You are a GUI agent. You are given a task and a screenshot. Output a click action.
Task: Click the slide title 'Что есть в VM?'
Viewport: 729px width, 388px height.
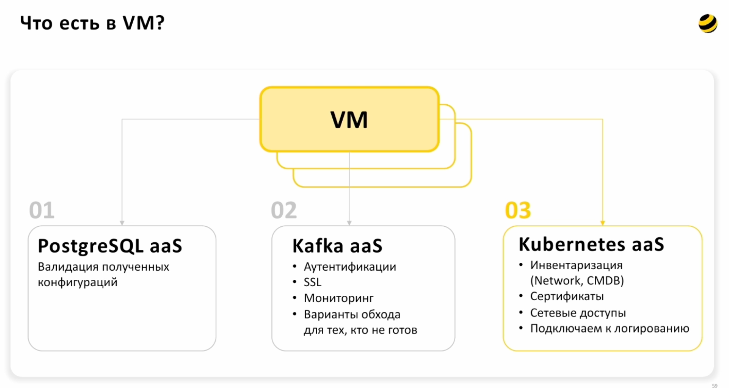click(x=92, y=23)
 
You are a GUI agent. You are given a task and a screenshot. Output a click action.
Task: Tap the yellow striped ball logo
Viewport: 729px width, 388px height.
click(x=708, y=24)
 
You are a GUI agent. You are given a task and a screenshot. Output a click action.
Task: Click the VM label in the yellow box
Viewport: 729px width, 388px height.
click(x=349, y=120)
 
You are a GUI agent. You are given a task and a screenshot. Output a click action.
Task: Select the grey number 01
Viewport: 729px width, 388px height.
click(x=42, y=210)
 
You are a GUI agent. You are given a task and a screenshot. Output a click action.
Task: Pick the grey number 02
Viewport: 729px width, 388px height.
click(x=284, y=210)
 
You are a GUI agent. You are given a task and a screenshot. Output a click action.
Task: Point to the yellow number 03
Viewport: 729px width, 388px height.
click(x=518, y=210)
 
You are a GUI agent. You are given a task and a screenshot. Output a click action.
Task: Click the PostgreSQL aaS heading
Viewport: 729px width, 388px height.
click(x=110, y=246)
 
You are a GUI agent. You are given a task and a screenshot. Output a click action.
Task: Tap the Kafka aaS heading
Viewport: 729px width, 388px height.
click(x=337, y=246)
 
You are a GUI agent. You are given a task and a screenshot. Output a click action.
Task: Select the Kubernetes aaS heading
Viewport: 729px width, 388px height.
click(x=591, y=244)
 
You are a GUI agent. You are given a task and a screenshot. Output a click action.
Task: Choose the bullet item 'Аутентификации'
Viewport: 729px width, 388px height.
click(x=350, y=267)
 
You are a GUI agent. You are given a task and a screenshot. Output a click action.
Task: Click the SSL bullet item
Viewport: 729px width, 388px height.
click(x=312, y=282)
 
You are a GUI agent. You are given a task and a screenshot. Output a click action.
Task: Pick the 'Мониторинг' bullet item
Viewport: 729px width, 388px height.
click(x=339, y=298)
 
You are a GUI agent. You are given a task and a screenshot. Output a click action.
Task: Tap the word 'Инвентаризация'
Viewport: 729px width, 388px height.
click(x=576, y=265)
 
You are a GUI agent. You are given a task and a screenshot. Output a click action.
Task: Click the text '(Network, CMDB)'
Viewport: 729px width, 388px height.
click(x=577, y=280)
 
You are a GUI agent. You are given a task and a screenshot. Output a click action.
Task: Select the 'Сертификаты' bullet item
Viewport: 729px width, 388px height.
click(x=567, y=296)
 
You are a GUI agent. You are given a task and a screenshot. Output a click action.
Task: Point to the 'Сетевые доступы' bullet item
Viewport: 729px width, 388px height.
click(x=578, y=313)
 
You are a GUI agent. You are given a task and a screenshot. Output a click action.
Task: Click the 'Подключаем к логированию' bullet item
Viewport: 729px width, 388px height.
click(x=610, y=328)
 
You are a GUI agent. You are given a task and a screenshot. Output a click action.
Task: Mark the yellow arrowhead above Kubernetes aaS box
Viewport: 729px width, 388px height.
click(x=603, y=223)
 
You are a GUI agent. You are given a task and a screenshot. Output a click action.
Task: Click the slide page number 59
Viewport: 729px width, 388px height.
click(x=715, y=386)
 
